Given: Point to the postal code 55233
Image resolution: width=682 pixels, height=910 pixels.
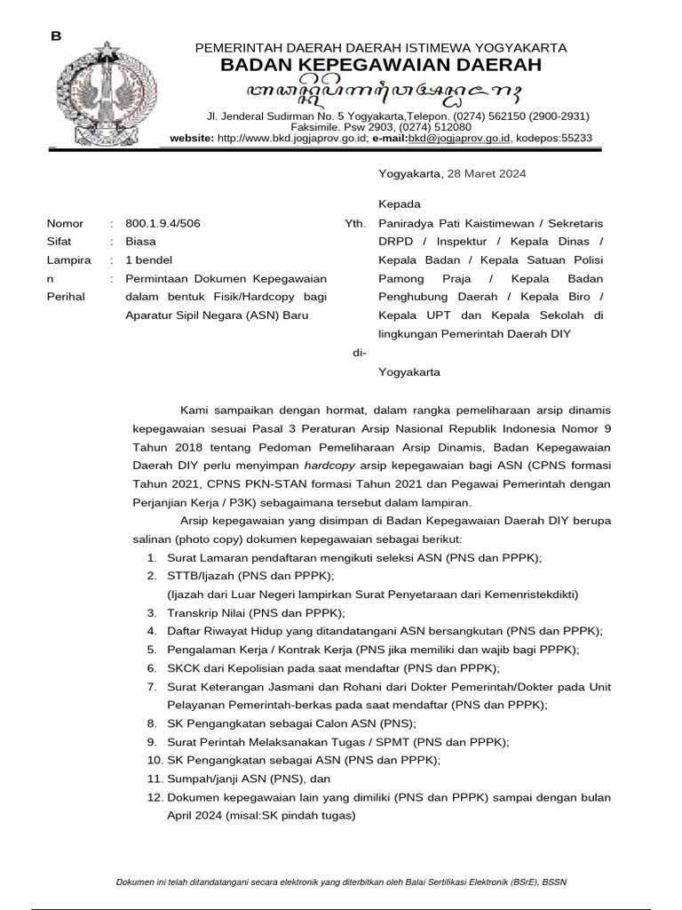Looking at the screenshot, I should (x=575, y=139).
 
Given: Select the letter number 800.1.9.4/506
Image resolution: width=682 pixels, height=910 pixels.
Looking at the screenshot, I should (x=163, y=224).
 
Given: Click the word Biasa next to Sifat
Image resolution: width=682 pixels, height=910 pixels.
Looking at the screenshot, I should (x=139, y=241).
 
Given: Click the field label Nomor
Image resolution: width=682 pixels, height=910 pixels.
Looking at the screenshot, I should (x=65, y=224).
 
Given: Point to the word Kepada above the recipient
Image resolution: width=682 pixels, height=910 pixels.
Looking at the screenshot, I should (x=399, y=204).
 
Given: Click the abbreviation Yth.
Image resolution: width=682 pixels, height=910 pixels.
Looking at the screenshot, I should (x=354, y=224).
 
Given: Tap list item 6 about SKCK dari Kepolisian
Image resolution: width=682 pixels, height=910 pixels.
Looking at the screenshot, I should (x=333, y=668).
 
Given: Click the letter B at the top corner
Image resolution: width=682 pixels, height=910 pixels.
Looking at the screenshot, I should (x=56, y=36).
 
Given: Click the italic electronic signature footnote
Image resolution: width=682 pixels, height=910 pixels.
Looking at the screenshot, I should (x=341, y=882).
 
